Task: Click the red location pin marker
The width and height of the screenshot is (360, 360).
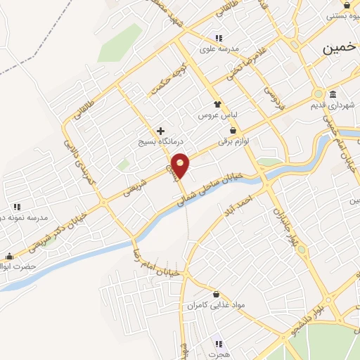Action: (x=181, y=165)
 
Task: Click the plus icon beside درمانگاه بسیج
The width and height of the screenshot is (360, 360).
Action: (x=161, y=131)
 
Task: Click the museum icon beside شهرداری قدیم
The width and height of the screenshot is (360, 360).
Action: (x=332, y=95)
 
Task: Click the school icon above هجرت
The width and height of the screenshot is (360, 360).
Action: (x=219, y=344)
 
